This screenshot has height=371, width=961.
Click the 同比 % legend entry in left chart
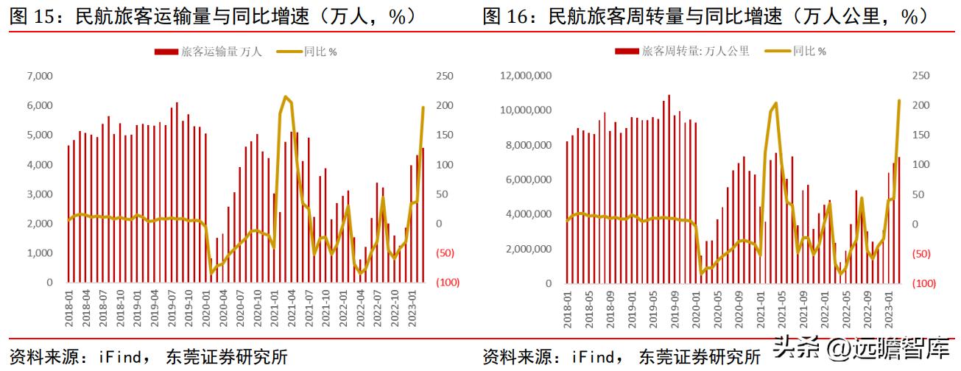point(306,52)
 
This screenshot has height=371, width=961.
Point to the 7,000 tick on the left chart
point(39,76)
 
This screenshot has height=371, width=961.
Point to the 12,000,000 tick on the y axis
point(527,76)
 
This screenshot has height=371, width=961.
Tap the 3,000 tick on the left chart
point(39,194)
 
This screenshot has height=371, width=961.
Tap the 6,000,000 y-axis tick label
point(529,180)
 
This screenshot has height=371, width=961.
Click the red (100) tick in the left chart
point(448,283)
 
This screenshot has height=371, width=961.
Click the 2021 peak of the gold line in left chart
point(286,97)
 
